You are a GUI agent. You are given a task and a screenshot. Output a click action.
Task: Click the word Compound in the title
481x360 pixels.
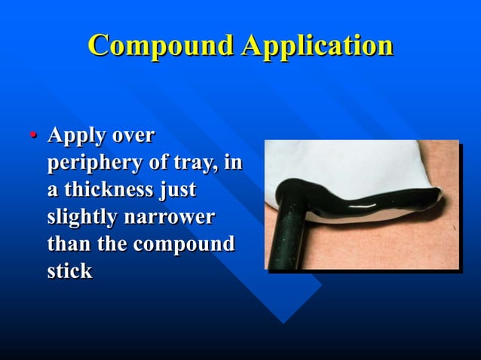(x=161, y=45)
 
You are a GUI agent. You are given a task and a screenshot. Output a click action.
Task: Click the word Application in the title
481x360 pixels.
(x=317, y=45)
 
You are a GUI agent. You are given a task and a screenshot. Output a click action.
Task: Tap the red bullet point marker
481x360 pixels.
(x=33, y=136)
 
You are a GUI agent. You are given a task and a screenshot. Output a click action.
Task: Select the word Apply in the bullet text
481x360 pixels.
(x=74, y=137)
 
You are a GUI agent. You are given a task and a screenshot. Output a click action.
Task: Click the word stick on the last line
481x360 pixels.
(x=69, y=271)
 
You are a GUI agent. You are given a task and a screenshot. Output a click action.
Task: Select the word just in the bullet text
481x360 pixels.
(x=176, y=191)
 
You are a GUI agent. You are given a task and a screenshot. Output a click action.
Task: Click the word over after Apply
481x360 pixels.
(x=133, y=137)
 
